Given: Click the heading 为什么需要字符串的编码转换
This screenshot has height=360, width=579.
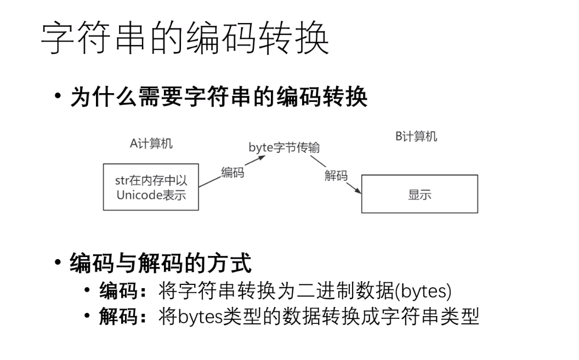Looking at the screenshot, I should (x=219, y=97).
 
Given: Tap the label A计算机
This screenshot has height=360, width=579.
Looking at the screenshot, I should (x=151, y=144).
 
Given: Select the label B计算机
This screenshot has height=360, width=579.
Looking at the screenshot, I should (x=416, y=136).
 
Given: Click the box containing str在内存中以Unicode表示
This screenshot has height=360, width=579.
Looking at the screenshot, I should (x=151, y=187).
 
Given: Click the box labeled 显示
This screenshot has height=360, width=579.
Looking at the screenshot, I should (x=419, y=194).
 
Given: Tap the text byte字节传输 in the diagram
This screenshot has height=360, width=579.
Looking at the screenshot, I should (x=284, y=147).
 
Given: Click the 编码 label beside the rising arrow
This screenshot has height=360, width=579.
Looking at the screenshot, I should (x=232, y=172).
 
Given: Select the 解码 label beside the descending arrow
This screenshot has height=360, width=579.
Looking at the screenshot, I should (x=336, y=175).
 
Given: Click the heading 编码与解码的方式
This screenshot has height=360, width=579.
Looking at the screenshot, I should (x=161, y=264).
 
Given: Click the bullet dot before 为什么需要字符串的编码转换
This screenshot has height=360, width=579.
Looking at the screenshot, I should (x=58, y=96).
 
